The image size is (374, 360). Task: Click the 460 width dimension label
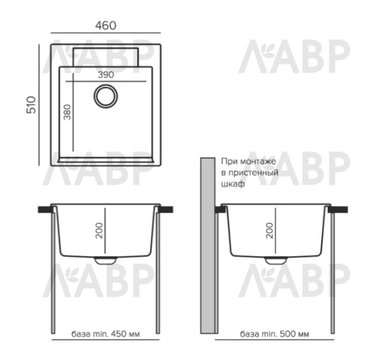[105, 26]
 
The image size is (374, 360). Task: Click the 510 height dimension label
[31, 105]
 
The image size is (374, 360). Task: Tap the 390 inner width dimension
[106, 75]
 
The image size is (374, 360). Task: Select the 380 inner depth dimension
[67, 112]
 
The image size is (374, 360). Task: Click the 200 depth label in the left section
[99, 230]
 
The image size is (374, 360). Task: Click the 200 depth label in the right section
[269, 230]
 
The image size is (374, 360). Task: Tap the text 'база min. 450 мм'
[105, 334]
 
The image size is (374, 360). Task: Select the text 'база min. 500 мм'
[274, 334]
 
